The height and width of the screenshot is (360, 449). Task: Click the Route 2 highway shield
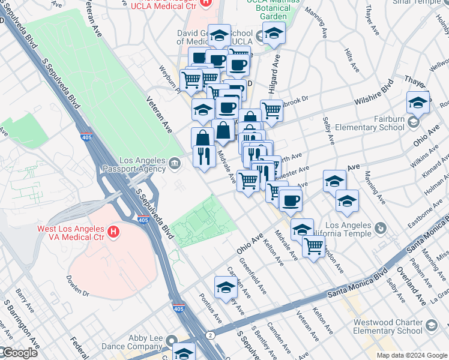click(210, 334)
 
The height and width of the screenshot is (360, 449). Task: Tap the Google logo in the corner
click(19, 353)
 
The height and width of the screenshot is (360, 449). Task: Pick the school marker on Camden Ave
click(225, 287)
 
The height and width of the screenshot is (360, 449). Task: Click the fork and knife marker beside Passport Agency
click(204, 156)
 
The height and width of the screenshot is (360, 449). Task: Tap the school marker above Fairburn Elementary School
click(418, 102)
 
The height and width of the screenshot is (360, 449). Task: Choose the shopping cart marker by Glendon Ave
click(313, 245)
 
